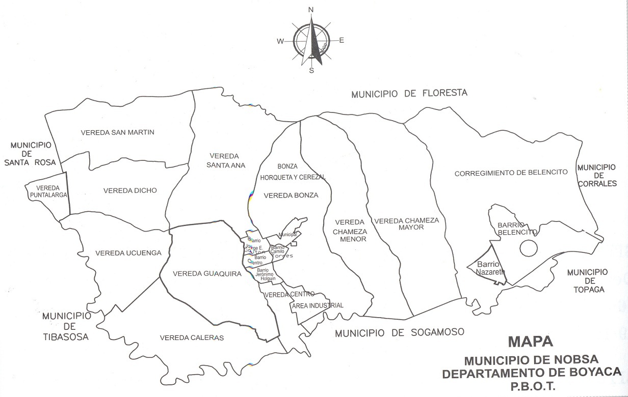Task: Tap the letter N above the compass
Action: [311, 10]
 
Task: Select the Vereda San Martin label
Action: [117, 132]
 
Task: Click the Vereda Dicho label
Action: [130, 190]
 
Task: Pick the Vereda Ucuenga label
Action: [128, 253]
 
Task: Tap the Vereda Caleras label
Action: [192, 337]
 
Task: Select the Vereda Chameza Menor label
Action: [349, 231]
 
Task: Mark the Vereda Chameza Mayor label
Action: [406, 224]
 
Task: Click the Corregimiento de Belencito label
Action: [511, 173]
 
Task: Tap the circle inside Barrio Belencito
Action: [529, 248]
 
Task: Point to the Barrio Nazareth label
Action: [490, 268]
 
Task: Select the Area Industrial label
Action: [318, 305]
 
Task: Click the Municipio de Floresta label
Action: [409, 93]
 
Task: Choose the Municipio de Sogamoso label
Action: [400, 333]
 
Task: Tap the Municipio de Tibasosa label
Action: [66, 326]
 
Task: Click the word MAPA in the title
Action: [530, 342]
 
